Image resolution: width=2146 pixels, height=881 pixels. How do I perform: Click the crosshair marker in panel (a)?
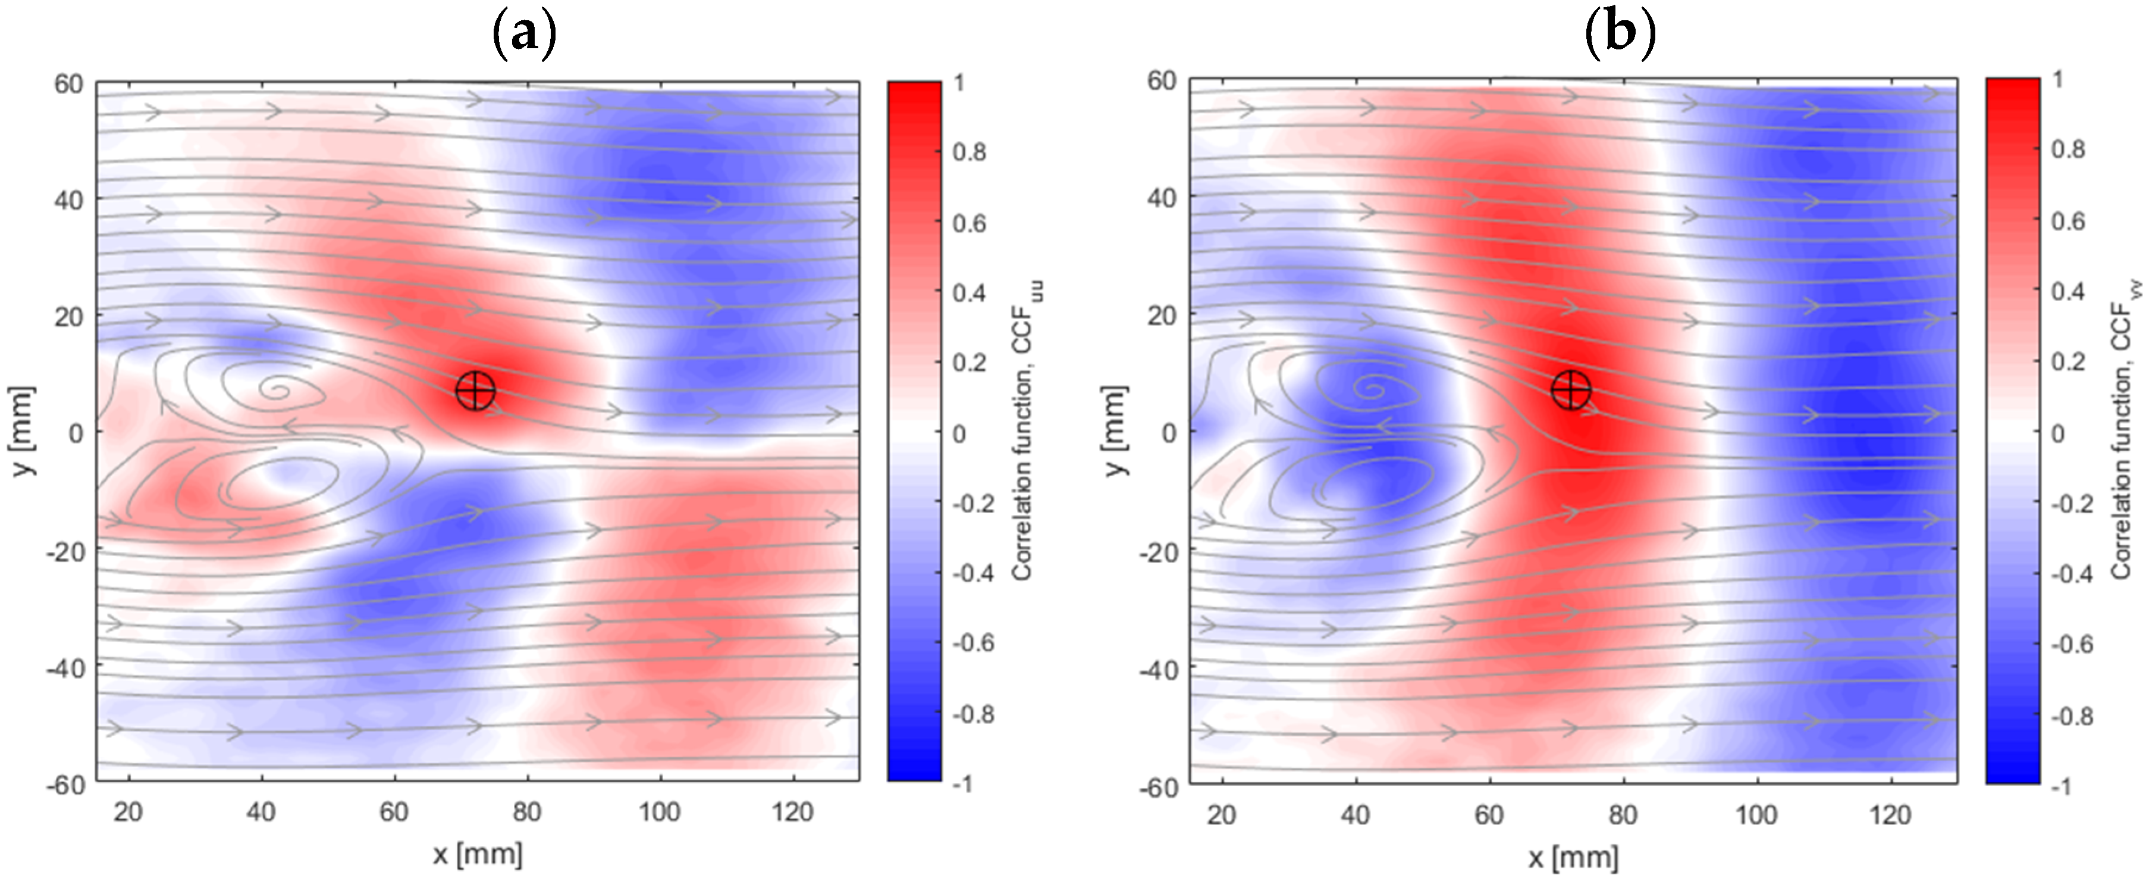pos(476,390)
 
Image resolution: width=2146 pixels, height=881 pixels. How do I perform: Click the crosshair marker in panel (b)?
pos(1571,389)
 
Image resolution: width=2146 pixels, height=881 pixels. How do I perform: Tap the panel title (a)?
pos(524,33)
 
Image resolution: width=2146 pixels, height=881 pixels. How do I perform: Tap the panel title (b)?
pos(1620,33)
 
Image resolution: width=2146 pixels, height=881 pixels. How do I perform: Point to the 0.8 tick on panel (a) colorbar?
pos(970,152)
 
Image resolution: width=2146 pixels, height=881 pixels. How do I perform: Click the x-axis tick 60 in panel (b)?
pos(1489,814)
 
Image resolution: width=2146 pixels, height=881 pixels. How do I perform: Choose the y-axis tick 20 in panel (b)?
pos(1162,316)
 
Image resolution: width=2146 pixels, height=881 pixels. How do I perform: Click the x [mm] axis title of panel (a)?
pos(478,854)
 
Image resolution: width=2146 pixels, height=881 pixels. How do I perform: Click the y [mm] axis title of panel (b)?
pos(1115,431)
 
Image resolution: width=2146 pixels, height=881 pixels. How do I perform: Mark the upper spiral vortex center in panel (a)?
pos(274,388)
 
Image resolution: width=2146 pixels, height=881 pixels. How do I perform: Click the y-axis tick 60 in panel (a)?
pos(68,83)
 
